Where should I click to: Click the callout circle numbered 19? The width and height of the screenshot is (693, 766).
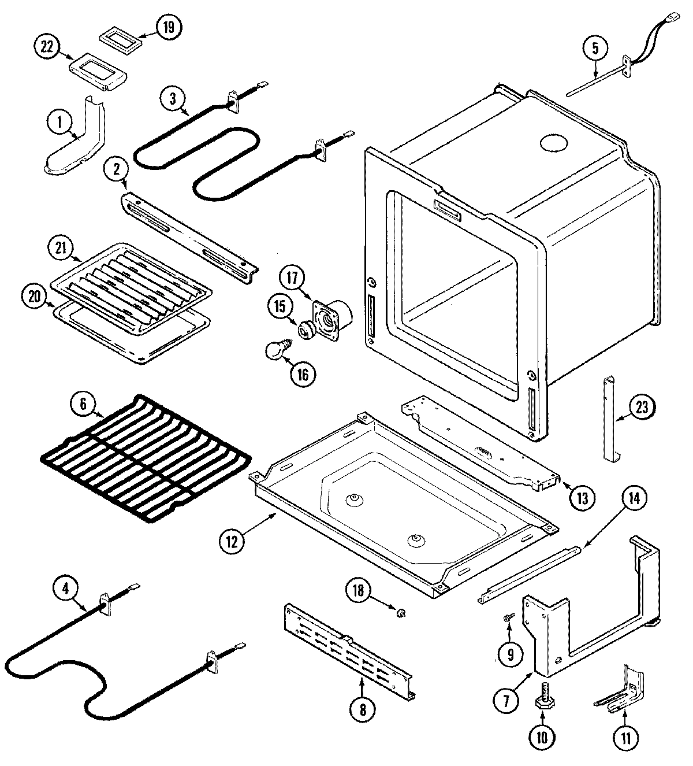(168, 28)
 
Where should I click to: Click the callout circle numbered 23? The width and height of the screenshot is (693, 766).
(642, 408)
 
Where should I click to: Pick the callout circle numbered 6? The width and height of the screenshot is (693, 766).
(84, 404)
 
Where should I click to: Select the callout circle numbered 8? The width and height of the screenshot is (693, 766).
(362, 709)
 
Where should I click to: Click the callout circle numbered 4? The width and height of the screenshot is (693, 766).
(66, 588)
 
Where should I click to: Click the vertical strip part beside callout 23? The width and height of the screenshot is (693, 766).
(609, 419)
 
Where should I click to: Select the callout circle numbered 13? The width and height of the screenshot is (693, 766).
(582, 497)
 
